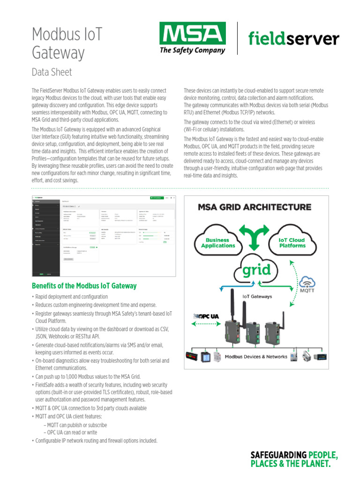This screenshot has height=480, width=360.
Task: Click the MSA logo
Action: (192, 34)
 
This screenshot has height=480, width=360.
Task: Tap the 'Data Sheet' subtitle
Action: (52, 72)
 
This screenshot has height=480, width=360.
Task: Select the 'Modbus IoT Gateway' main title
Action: (66, 43)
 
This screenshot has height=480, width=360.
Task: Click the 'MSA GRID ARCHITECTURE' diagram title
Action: (254, 207)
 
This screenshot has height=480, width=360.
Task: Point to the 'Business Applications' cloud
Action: (218, 242)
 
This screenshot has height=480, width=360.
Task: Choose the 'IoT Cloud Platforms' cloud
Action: (292, 242)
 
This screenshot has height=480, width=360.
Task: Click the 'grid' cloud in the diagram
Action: (256, 270)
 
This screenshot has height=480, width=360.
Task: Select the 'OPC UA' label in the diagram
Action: (207, 316)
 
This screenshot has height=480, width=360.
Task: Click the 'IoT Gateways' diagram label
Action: (256, 296)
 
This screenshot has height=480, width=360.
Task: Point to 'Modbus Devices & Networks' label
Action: (256, 357)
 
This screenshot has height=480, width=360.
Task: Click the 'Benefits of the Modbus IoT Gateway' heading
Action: (84, 285)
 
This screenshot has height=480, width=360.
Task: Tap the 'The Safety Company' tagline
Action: (192, 51)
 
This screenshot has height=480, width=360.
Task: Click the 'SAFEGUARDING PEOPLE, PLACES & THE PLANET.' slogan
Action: (294, 459)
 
